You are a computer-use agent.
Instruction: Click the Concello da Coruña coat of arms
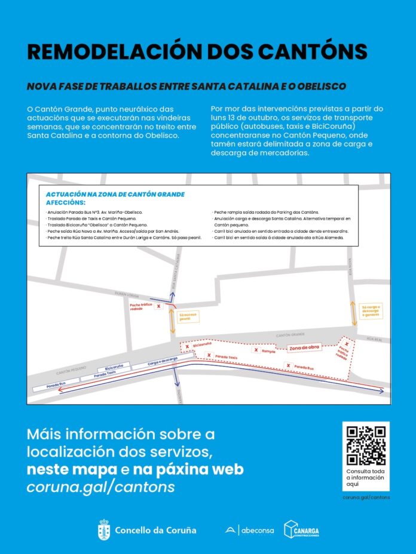[104, 530]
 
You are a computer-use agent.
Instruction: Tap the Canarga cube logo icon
[292, 529]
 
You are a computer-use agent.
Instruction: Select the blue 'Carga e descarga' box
[161, 361]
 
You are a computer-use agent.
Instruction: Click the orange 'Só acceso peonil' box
[185, 316]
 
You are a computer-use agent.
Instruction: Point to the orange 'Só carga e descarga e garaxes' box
[370, 310]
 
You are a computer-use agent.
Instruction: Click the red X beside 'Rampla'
[256, 350]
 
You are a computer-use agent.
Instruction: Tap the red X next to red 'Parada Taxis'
[209, 355]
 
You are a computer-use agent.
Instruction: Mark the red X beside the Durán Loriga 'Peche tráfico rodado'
[158, 306]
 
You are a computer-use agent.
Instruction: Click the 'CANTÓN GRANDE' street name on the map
[290, 335]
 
